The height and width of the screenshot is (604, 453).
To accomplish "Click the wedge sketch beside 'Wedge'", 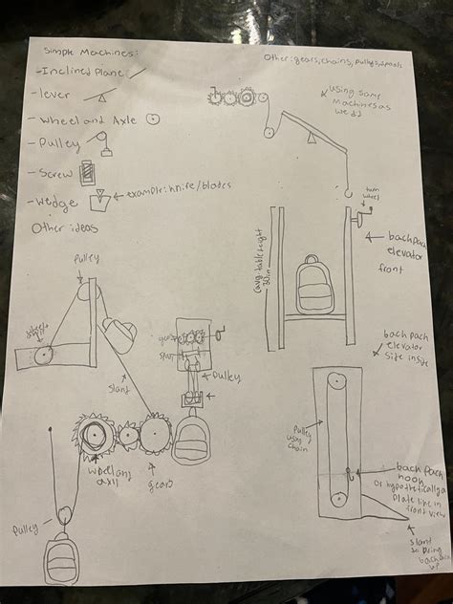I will point(97,202).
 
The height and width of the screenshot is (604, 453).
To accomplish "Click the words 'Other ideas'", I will point(64,229).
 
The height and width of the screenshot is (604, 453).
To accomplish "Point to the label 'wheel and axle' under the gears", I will point(110,475).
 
